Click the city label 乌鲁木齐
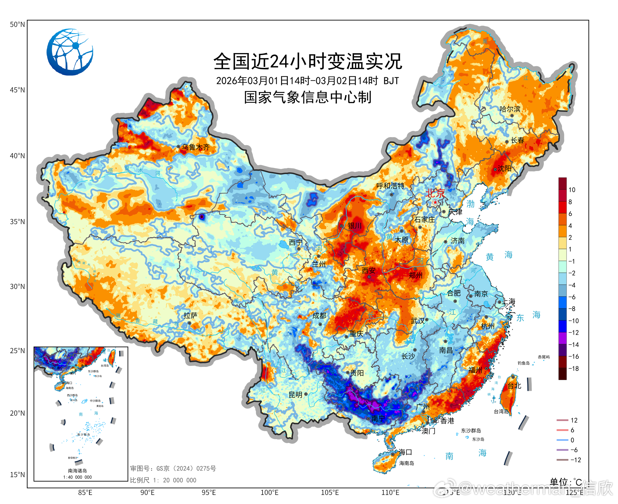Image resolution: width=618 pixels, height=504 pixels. click(x=195, y=147)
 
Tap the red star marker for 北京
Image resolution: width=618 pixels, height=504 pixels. click(x=435, y=202)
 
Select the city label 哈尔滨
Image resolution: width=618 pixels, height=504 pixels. click(x=510, y=109)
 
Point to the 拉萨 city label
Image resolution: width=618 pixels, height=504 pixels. click(x=190, y=316)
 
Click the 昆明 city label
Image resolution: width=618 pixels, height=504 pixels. click(x=296, y=395)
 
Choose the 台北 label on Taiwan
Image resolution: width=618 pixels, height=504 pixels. click(x=514, y=386)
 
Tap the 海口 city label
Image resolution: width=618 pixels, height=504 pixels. click(x=405, y=452)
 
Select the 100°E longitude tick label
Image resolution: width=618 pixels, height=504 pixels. click(x=269, y=493)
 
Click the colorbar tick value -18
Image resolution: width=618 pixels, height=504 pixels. click(x=573, y=369)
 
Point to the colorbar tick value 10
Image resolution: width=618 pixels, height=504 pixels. click(x=572, y=190)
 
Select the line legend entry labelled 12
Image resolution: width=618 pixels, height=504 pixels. click(x=574, y=420)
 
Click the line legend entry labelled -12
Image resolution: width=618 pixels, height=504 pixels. click(x=575, y=460)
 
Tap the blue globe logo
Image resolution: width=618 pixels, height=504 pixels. click(x=70, y=52)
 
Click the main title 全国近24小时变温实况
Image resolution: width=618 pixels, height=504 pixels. click(x=308, y=61)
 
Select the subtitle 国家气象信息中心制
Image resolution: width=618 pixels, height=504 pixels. click(x=308, y=97)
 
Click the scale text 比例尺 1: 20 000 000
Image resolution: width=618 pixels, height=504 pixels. click(x=163, y=480)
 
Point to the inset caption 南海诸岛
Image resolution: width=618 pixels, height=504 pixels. click(x=78, y=471)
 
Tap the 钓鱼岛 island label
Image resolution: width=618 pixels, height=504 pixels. click(x=523, y=363)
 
